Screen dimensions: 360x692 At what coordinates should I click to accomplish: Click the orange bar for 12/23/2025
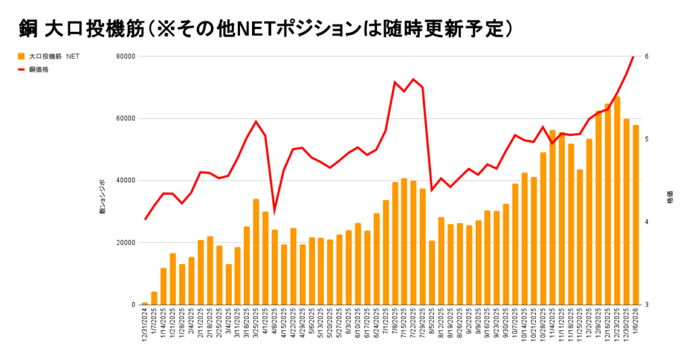(617, 201)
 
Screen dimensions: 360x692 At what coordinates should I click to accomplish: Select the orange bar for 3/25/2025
(256, 252)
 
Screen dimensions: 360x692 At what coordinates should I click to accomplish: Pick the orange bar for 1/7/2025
(154, 298)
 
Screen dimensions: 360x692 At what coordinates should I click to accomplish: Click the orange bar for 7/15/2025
(404, 241)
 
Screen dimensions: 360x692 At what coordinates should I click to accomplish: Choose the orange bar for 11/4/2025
(552, 217)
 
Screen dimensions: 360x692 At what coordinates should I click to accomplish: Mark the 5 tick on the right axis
(646, 139)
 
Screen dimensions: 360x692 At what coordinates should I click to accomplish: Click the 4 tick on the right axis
(646, 222)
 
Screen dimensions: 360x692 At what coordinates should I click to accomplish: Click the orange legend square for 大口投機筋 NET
(22, 56)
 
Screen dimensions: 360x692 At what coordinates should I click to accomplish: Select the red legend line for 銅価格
(22, 69)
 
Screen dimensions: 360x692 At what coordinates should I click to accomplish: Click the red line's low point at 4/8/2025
(274, 210)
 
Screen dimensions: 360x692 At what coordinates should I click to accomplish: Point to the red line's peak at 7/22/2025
(414, 79)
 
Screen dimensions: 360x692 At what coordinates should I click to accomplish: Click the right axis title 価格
(670, 200)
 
